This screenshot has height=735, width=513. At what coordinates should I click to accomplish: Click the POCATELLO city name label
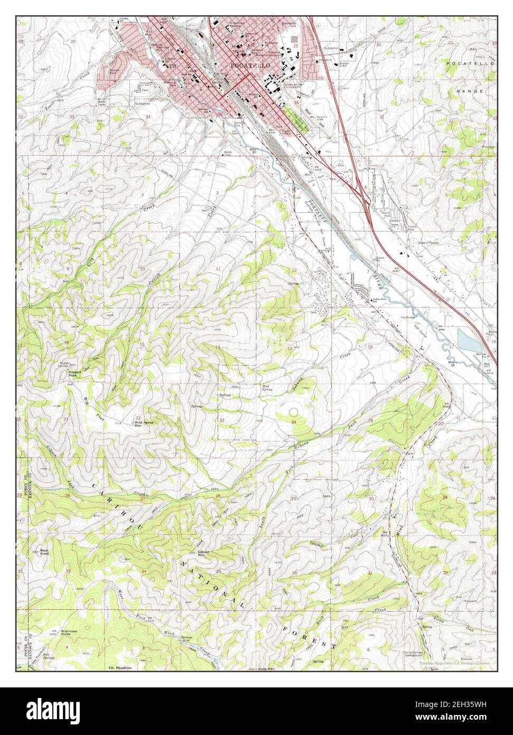coord(250,64)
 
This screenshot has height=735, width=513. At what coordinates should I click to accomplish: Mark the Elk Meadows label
coord(119,668)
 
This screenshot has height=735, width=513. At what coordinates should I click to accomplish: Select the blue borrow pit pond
coord(466,341)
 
